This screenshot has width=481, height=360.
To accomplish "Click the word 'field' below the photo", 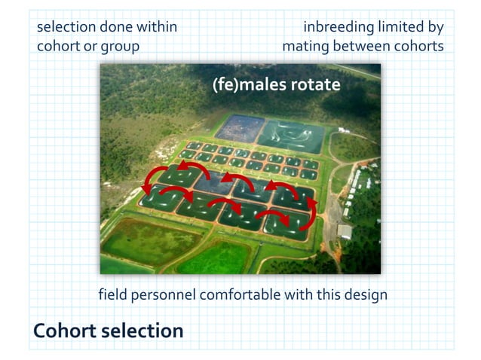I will tap(114, 294).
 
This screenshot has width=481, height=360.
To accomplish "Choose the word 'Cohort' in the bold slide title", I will tap(64, 331).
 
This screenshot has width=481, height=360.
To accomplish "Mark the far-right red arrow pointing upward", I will tap(311, 212).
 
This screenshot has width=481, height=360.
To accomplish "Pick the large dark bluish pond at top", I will tap(239, 128).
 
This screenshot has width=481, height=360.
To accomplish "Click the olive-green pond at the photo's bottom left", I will tap(141, 241).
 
